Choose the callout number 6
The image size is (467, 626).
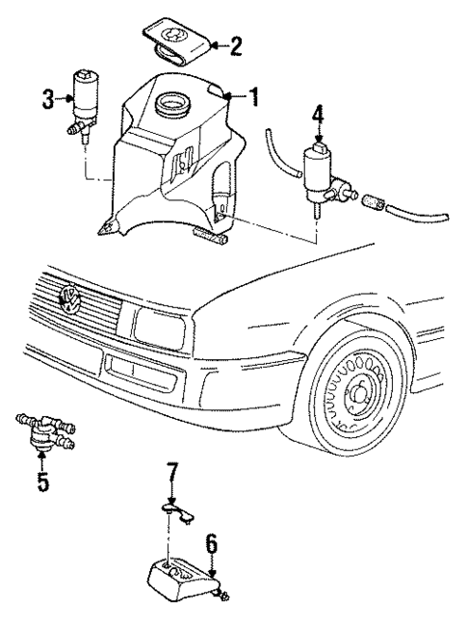211,546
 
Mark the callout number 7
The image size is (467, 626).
170,475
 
